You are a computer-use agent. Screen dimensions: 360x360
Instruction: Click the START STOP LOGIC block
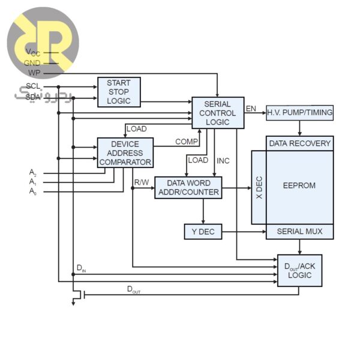119,92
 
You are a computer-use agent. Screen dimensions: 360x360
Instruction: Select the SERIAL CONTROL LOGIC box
218,113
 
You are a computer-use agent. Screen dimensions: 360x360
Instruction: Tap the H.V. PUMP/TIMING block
299,113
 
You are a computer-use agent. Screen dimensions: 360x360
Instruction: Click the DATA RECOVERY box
299,143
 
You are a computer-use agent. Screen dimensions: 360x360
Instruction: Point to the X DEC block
259,187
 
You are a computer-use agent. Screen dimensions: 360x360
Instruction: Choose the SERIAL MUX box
299,232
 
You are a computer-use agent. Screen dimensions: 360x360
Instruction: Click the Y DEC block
203,232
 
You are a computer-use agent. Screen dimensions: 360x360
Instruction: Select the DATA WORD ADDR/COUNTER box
188,188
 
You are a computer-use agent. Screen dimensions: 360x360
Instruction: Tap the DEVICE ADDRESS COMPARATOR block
125,153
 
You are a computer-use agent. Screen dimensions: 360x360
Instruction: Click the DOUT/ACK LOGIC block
299,270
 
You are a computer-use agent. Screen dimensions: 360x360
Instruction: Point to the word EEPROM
299,185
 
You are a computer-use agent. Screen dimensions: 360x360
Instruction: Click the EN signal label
251,109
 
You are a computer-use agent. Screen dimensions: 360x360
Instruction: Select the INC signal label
223,161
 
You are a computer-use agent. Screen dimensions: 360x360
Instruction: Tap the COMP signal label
186,142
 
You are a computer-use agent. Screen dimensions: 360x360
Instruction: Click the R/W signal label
142,181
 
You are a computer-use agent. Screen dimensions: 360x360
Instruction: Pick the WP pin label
34,73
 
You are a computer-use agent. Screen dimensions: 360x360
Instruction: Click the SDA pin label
33,97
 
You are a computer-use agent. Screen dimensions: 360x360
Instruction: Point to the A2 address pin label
33,172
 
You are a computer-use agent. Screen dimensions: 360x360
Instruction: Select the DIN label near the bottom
81,268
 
